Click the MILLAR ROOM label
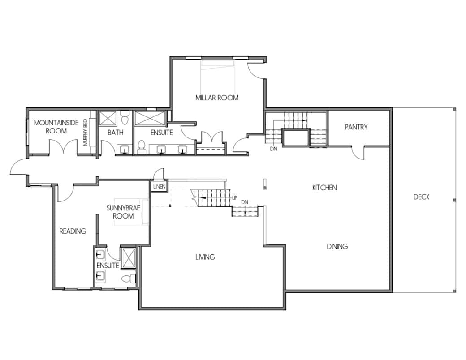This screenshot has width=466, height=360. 217,98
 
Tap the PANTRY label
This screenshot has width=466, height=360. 356,127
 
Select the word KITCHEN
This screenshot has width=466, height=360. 324,188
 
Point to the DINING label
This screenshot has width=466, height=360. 337,246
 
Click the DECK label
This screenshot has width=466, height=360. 422,197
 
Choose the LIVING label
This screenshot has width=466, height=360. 205,257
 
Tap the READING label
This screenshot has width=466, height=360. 73,231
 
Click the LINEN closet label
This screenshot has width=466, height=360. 160,187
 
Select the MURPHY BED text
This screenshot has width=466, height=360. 85,132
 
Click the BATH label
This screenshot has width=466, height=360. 115,133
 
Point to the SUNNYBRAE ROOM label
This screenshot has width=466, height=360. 123,212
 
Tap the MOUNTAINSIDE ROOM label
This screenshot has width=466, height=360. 56,127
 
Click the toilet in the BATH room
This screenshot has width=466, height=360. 125,118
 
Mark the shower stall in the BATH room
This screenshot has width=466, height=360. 107,118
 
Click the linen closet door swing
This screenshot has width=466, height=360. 158,174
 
